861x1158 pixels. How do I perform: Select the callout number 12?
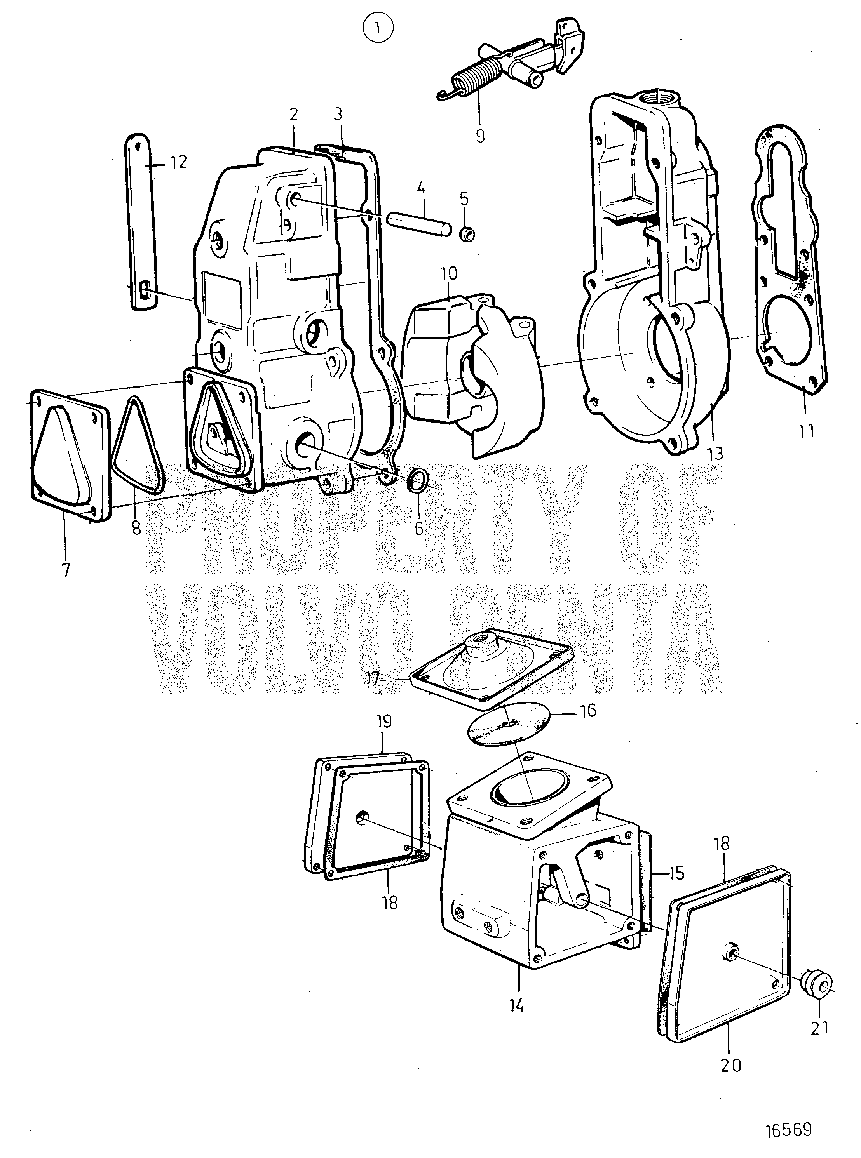tap(178, 163)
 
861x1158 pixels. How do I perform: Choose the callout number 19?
tap(383, 722)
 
